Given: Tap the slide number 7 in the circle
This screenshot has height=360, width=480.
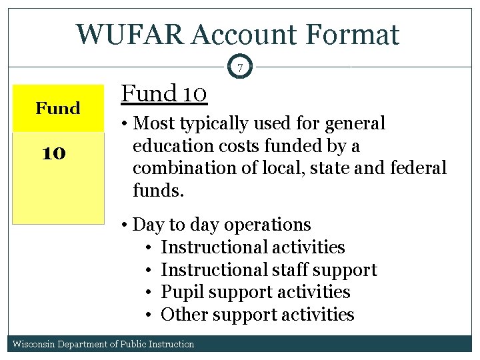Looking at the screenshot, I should pyautogui.click(x=240, y=67).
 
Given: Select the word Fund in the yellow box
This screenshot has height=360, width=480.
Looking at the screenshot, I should pyautogui.click(x=58, y=108).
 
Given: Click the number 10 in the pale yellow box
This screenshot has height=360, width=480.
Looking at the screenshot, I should pyautogui.click(x=53, y=153).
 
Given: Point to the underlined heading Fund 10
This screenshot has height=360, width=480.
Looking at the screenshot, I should pyautogui.click(x=164, y=94).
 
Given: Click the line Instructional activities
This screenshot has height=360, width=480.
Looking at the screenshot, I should pyautogui.click(x=253, y=247).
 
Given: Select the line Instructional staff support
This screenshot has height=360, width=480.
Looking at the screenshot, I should pyautogui.click(x=269, y=269).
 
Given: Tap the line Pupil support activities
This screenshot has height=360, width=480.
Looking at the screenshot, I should pyautogui.click(x=255, y=292).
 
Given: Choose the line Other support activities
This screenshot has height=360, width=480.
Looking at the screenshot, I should pyautogui.click(x=257, y=314).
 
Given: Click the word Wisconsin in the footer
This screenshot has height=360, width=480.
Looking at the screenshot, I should pyautogui.click(x=34, y=344).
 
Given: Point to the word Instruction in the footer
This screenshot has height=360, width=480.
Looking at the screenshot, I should pyautogui.click(x=171, y=344).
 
